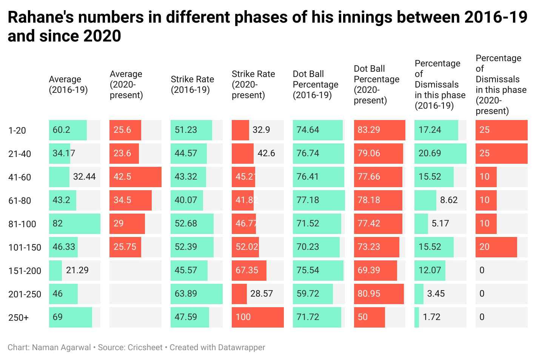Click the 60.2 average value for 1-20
coord(62,130)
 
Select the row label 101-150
coord(25,248)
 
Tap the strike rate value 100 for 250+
coord(243,317)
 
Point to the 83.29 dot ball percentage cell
coord(369,130)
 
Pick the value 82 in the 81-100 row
coord(58,223)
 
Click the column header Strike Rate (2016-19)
coord(192,85)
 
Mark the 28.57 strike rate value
coord(261,294)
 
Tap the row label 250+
coord(18,318)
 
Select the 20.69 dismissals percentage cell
coord(430,154)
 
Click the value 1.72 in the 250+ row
coord(431,317)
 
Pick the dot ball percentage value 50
coord(362,317)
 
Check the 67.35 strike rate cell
coord(247,270)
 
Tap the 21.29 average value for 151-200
coord(77,270)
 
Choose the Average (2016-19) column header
coord(68,85)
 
